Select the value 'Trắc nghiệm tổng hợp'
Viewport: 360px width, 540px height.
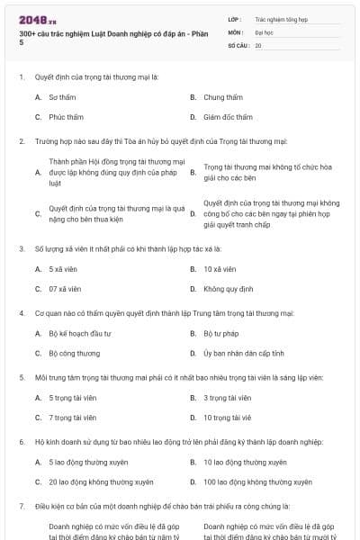pyautogui.click(x=281, y=19)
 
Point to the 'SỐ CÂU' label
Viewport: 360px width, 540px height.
pyautogui.click(x=238, y=44)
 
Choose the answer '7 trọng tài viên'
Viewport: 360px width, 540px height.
pyautogui.click(x=72, y=418)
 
